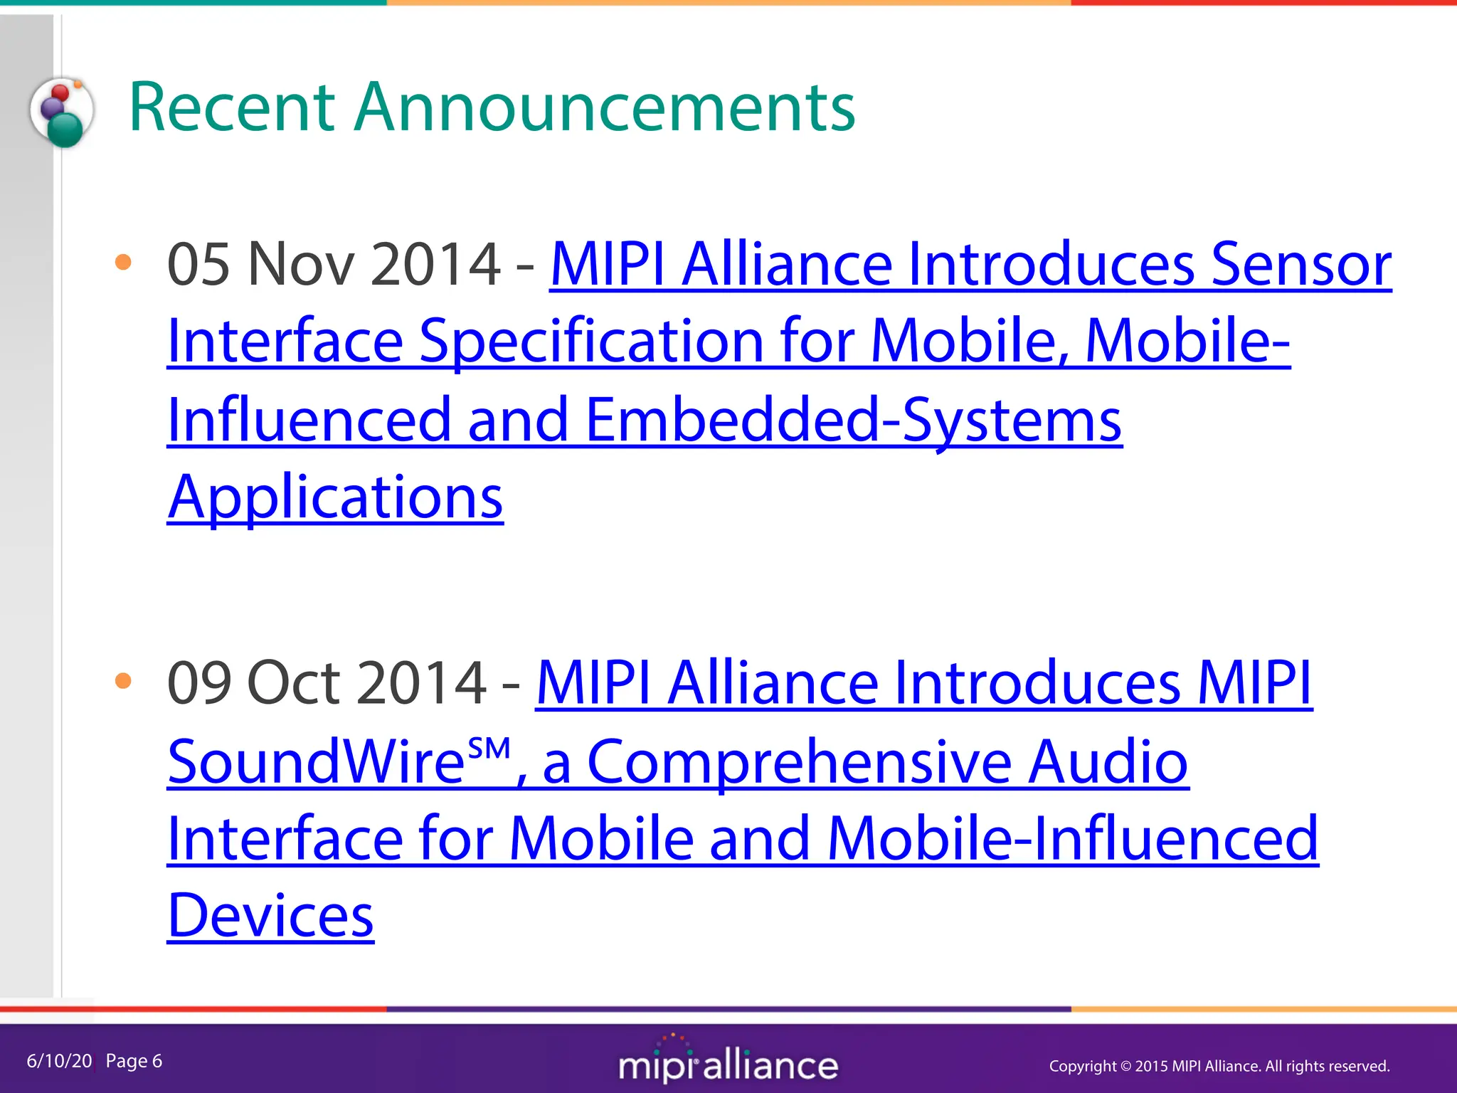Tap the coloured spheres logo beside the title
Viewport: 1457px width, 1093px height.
click(x=62, y=112)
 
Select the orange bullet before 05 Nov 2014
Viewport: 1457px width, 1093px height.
click(x=123, y=262)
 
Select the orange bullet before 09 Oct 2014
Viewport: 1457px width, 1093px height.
click(x=123, y=681)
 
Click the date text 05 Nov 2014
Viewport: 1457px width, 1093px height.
click(x=334, y=264)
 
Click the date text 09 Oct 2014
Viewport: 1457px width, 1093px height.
click(x=327, y=682)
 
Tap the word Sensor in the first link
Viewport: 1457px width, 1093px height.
click(x=1300, y=264)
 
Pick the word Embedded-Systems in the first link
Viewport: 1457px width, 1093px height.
click(x=854, y=419)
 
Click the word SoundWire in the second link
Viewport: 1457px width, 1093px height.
click(x=317, y=761)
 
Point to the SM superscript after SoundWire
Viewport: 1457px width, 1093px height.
click(x=489, y=749)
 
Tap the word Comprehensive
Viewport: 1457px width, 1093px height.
click(x=799, y=761)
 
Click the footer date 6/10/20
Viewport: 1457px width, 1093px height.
click(x=59, y=1061)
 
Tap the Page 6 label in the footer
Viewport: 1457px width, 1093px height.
click(x=134, y=1061)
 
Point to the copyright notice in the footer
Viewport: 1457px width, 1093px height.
click(x=1219, y=1066)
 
